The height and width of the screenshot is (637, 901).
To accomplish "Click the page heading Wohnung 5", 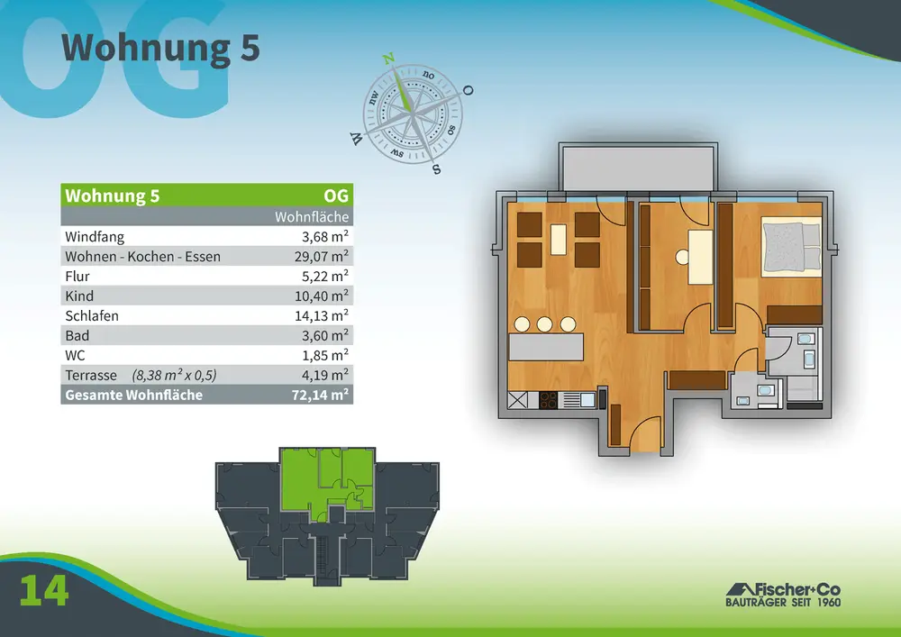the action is pyautogui.click(x=160, y=48).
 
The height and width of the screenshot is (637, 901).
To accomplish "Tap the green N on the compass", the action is pyautogui.click(x=389, y=59).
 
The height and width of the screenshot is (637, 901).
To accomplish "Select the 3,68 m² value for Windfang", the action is pyautogui.click(x=325, y=236).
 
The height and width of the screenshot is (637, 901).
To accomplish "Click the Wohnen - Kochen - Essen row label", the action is pyautogui.click(x=142, y=256).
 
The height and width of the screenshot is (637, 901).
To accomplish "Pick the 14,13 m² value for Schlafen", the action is pyautogui.click(x=322, y=315).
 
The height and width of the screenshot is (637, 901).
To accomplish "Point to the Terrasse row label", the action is pyautogui.click(x=91, y=375).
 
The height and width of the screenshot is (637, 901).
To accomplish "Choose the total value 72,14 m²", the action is pyautogui.click(x=320, y=395).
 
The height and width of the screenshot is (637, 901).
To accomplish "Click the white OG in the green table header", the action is pyautogui.click(x=336, y=196).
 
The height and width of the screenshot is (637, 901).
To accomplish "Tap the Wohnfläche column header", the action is pyautogui.click(x=312, y=216).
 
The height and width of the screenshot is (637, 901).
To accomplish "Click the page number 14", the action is pyautogui.click(x=44, y=590).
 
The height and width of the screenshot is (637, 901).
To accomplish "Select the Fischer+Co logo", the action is pyautogui.click(x=783, y=595).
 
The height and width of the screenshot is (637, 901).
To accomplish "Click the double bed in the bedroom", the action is pyautogui.click(x=792, y=246).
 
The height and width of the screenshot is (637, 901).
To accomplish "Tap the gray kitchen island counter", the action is pyautogui.click(x=546, y=347).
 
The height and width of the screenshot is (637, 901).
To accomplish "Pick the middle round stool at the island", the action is pyautogui.click(x=545, y=324).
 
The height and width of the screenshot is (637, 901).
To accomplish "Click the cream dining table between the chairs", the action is pyautogui.click(x=559, y=240).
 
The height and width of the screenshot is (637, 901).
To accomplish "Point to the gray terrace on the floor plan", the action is pyautogui.click(x=639, y=168).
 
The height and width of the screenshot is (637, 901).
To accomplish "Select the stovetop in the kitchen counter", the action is pyautogui.click(x=548, y=399).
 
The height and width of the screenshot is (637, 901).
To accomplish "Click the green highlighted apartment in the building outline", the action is pyautogui.click(x=327, y=479).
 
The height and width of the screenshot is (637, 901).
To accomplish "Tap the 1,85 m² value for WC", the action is pyautogui.click(x=325, y=355).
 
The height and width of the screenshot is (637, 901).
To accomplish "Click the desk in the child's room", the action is pyautogui.click(x=700, y=257).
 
